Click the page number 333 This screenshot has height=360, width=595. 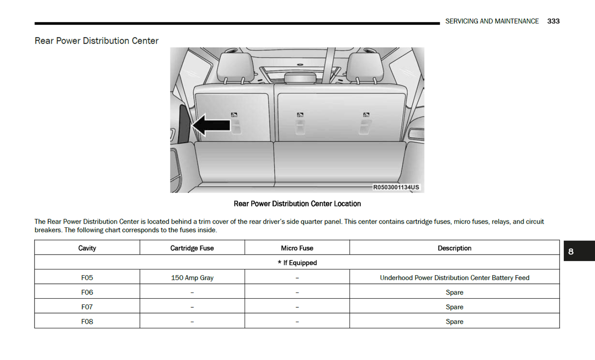coord(553,21)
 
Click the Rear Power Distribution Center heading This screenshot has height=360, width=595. coord(96,41)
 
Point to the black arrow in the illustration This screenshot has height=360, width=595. coord(211,125)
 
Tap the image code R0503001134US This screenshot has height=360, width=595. coord(396,187)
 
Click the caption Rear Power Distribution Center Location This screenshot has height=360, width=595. coord(297,204)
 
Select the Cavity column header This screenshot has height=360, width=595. coord(87,248)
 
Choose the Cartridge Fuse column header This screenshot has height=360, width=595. coord(192,248)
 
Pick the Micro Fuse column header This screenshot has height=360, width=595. coord(297,248)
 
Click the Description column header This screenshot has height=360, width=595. coord(454,248)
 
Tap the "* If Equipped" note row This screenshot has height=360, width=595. coord(297,263)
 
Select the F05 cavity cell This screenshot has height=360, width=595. coord(87,278)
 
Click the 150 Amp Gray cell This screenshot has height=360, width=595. coord(192,278)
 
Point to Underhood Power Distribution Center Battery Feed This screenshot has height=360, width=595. coord(454,278)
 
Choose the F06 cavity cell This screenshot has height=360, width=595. coord(87,292)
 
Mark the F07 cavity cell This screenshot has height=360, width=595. coord(87,307)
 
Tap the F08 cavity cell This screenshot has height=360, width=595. coord(87,322)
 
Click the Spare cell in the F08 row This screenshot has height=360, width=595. coord(454,322)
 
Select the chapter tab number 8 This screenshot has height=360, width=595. coord(571,251)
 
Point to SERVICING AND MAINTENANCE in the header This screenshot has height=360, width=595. coord(492,21)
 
